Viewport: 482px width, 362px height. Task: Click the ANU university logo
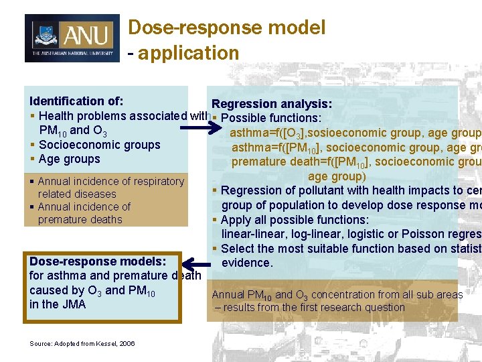(x=72, y=38)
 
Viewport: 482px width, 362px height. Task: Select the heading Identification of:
(x=76, y=101)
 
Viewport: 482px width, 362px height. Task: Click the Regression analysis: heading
(x=271, y=104)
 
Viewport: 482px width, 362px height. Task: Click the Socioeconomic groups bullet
(x=99, y=145)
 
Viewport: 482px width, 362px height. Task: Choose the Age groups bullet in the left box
(x=69, y=159)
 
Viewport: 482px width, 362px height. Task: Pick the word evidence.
(x=247, y=263)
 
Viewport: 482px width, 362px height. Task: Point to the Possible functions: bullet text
(x=270, y=119)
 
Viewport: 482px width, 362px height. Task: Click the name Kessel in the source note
(x=108, y=344)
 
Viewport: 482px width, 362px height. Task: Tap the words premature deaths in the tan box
(x=80, y=219)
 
